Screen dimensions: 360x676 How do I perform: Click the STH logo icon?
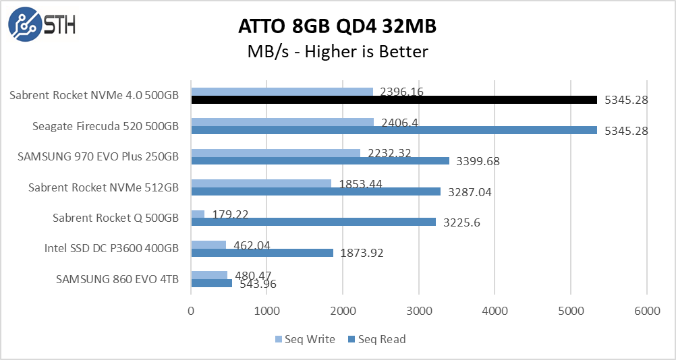[24, 25]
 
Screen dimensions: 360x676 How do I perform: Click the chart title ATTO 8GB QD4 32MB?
[337, 26]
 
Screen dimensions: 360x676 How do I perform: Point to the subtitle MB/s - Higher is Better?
[337, 51]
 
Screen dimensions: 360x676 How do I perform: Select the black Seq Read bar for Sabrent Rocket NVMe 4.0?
[394, 100]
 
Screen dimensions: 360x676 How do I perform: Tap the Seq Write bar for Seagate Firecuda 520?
[282, 122]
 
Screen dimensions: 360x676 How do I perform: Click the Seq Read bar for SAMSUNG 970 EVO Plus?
[320, 160]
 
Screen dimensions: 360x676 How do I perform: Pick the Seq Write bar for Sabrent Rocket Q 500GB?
[198, 214]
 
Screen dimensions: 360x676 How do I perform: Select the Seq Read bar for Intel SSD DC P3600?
[262, 253]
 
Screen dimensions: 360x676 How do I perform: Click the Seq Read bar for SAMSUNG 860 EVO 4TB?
[211, 283]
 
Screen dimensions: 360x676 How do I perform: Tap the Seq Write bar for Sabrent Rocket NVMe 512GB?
[261, 183]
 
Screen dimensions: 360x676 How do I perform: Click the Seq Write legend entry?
[305, 339]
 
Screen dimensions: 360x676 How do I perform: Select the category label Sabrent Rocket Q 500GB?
[115, 218]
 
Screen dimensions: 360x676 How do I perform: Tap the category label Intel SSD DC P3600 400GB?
[111, 248]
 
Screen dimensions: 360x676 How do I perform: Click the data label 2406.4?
[399, 123]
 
